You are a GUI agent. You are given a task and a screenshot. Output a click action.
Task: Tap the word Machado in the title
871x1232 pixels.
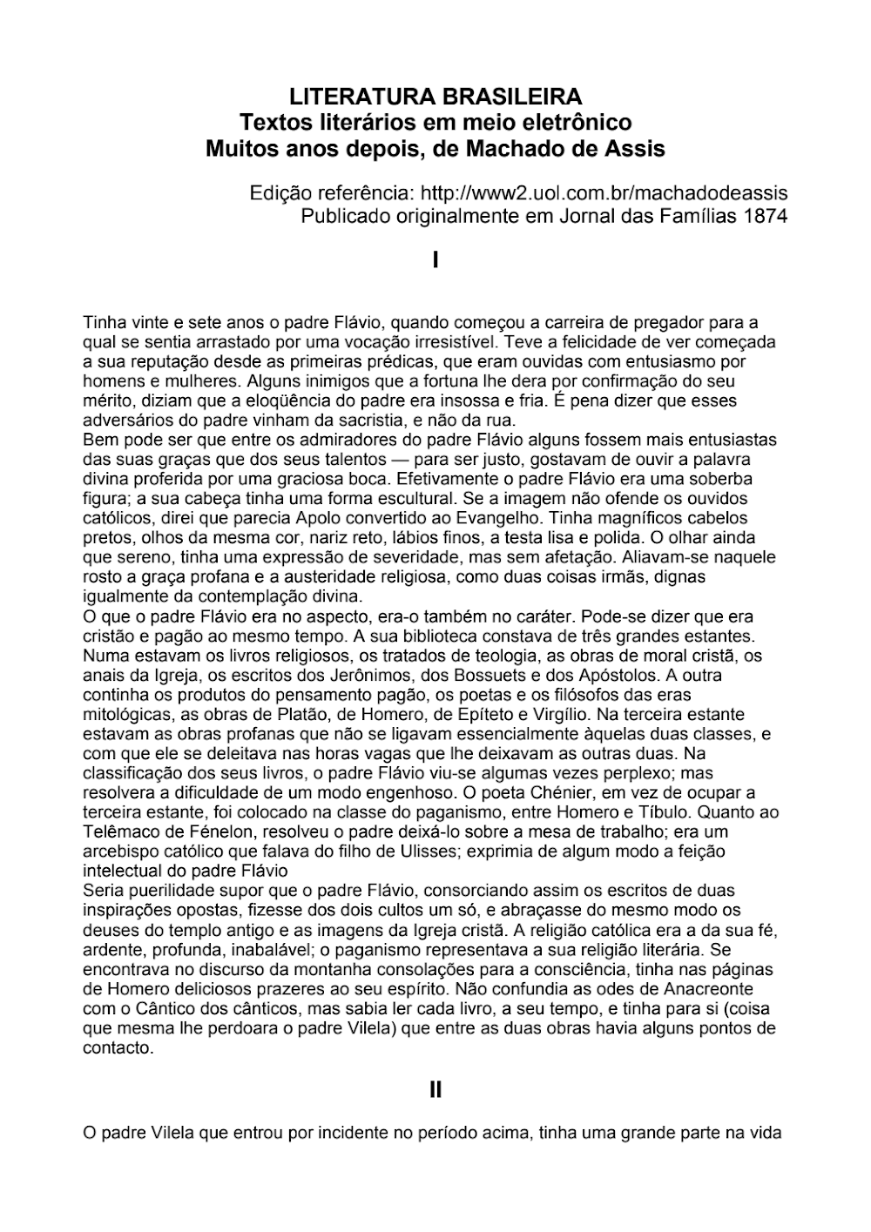(x=508, y=148)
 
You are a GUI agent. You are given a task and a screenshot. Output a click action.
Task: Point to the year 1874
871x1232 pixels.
(x=766, y=215)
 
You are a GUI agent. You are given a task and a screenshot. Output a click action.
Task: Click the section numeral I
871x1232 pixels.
(x=435, y=259)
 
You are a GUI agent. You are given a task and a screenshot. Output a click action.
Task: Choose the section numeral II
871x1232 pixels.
(x=435, y=1088)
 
